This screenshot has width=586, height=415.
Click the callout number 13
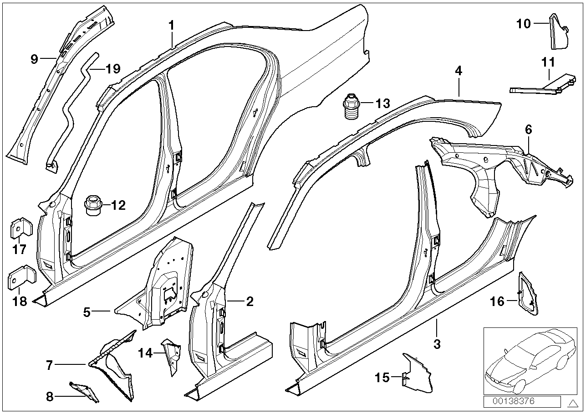pyautogui.click(x=383, y=104)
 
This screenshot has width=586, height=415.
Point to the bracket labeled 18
pyautogui.click(x=20, y=278)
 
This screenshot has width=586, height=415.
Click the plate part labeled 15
pyautogui.click(x=417, y=374)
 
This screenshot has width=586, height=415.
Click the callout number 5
pyautogui.click(x=87, y=312)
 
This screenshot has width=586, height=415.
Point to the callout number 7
pyautogui.click(x=49, y=364)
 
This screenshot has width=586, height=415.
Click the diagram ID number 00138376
pyautogui.click(x=522, y=401)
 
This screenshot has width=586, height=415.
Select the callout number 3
pyautogui.click(x=437, y=344)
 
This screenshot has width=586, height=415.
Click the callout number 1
pyautogui.click(x=172, y=26)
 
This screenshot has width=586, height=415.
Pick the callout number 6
pyautogui.click(x=528, y=130)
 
